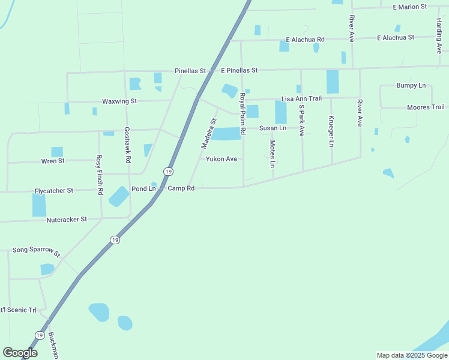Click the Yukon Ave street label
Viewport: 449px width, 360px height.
point(221,159)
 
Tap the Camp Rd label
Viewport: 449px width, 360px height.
point(181,188)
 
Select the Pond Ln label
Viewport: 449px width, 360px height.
point(143,188)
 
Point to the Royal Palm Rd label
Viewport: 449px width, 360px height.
point(243,113)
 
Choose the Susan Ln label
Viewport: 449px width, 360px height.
point(273,128)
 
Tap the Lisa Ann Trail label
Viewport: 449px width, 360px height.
point(302,98)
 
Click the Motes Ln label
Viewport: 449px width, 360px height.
point(273,154)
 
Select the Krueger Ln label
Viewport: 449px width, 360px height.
point(331,131)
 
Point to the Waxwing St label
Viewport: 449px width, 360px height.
point(119,101)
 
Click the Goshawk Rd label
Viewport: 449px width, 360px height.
point(127,145)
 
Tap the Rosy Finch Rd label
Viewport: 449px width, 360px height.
point(100,174)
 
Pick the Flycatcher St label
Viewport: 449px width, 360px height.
point(54,190)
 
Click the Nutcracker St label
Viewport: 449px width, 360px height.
point(67,220)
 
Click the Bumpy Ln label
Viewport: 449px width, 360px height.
point(411,85)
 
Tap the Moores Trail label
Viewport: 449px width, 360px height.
point(426,107)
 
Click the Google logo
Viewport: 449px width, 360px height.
point(20,353)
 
